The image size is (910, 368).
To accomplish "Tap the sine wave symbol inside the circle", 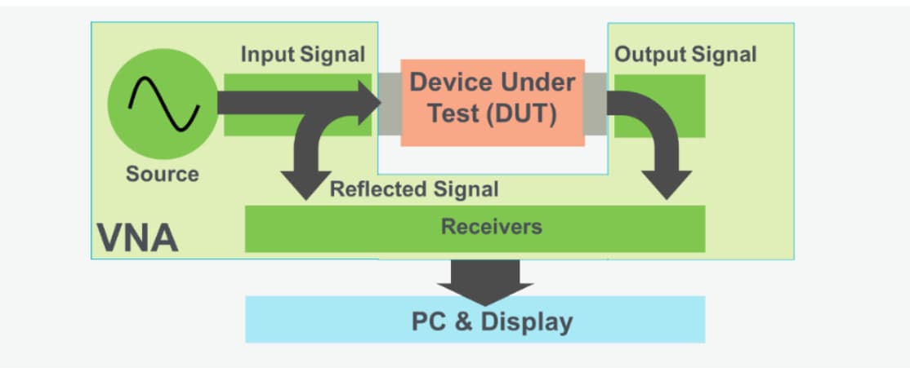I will [x=163, y=103].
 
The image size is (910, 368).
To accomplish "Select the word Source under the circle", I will [x=162, y=174].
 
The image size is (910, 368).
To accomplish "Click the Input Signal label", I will [x=302, y=55].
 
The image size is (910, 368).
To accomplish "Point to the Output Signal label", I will [x=685, y=55].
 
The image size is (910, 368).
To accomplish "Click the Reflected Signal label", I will [x=413, y=189].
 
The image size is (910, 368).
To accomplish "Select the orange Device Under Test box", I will [x=492, y=102].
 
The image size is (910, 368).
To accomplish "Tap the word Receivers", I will [x=491, y=226].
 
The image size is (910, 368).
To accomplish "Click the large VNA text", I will [x=137, y=237].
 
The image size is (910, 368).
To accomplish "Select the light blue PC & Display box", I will [x=475, y=320].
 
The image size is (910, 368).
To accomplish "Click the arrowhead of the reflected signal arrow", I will [x=306, y=186].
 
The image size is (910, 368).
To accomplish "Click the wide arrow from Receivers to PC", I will [x=485, y=278].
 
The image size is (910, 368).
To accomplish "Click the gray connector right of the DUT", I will [x=596, y=103].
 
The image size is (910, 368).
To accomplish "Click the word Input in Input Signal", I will [x=265, y=55].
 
